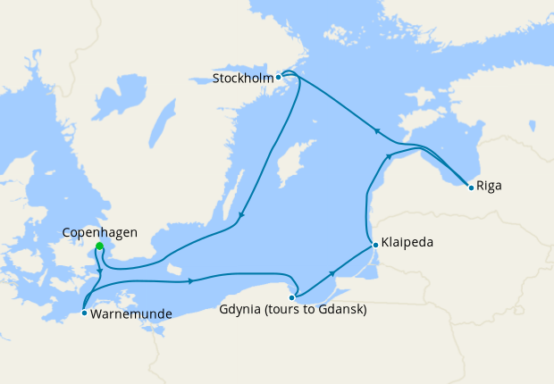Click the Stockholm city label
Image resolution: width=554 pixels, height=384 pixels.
(243, 78)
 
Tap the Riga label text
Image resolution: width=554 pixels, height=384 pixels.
(490, 187)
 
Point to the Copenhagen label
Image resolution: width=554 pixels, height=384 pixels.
(100, 232)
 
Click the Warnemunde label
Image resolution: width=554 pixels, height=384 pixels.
(130, 313)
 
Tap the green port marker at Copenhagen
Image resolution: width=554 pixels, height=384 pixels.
(99, 246)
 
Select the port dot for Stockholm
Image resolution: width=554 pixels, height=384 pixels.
(279, 77)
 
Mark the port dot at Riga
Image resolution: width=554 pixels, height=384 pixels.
(471, 186)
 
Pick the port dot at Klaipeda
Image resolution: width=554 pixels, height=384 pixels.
(374, 243)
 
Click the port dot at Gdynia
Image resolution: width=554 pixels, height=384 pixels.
(292, 296)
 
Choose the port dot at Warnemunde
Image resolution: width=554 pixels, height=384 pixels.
(83, 313)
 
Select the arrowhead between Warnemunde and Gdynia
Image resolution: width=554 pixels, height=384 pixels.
(191, 281)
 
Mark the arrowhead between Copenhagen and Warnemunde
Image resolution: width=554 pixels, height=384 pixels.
(99, 271)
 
